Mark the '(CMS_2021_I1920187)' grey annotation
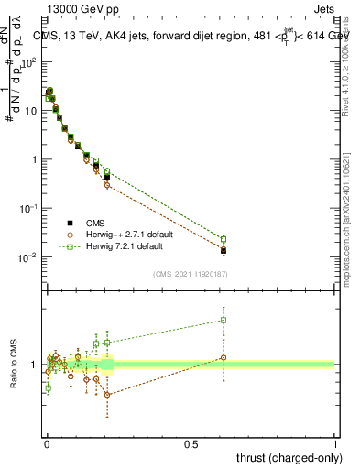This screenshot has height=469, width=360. pos(190,274)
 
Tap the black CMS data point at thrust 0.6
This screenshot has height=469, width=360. pos(224,250)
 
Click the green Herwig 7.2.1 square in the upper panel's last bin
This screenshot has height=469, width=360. pos(224,239)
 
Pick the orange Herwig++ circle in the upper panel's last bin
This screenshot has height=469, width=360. pos(224,248)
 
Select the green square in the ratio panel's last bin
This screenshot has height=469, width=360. pos(224,320)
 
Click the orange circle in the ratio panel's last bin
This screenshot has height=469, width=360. pos(224,357)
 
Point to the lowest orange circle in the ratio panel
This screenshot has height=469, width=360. pos(107,395)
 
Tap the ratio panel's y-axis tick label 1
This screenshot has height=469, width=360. pos(36,365)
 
